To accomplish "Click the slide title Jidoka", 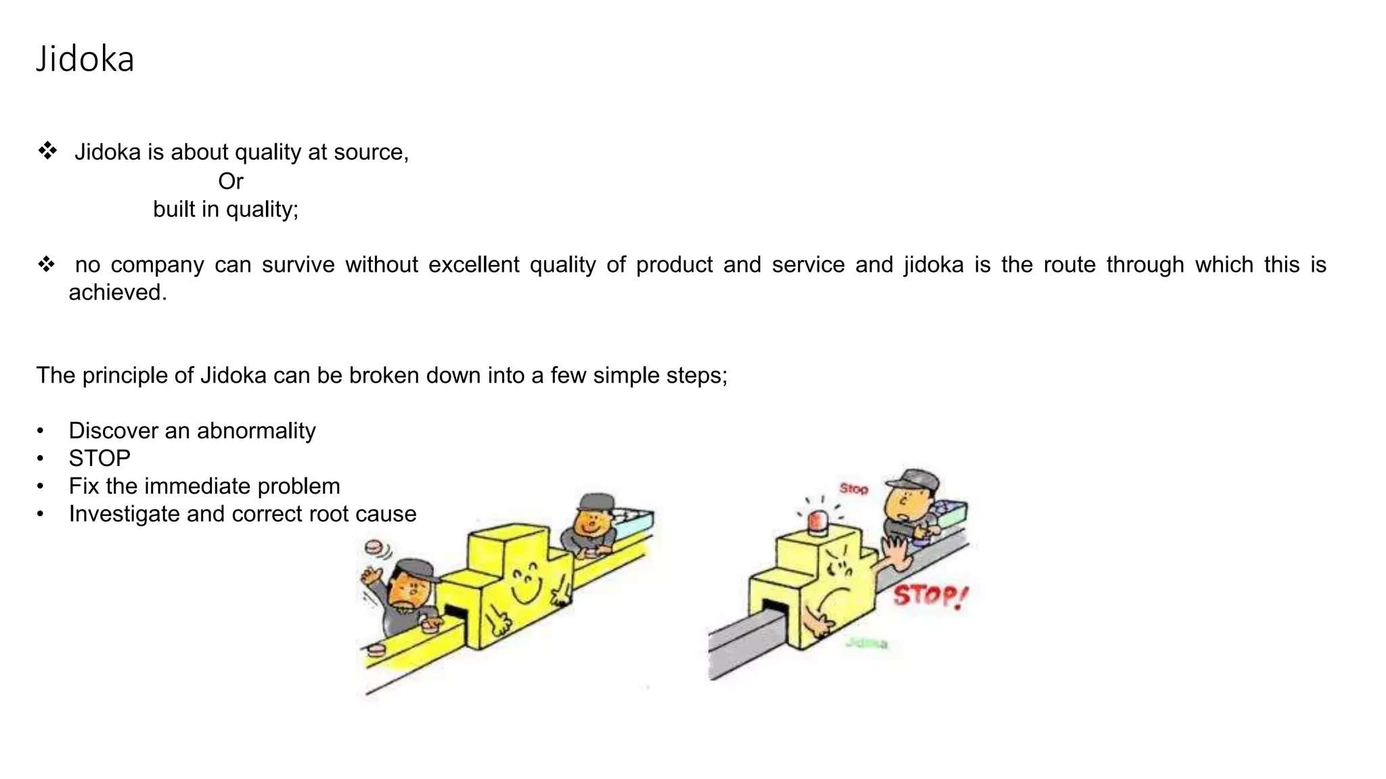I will pyautogui.click(x=85, y=59).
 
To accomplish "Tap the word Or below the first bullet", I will pyautogui.click(x=230, y=181).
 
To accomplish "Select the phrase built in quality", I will pyautogui.click(x=225, y=210).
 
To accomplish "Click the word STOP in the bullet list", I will pyautogui.click(x=99, y=458).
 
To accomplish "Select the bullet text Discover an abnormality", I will pyautogui.click(x=192, y=431).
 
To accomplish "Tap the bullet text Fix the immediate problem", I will pyautogui.click(x=204, y=486).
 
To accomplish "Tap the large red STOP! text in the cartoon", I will pyautogui.click(x=930, y=596).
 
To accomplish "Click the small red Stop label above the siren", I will pyautogui.click(x=853, y=488).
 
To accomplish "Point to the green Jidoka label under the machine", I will pyautogui.click(x=866, y=643).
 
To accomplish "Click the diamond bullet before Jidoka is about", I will pyautogui.click(x=47, y=151).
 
